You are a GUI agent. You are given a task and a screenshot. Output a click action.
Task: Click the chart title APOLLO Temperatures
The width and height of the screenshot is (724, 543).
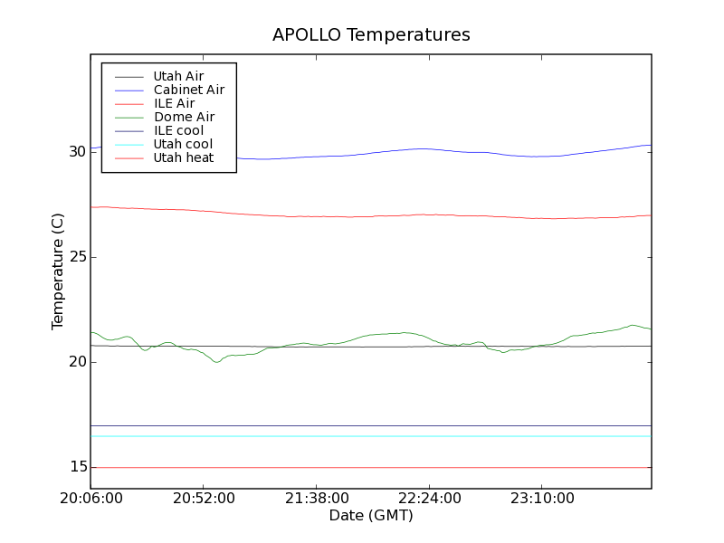click(371, 35)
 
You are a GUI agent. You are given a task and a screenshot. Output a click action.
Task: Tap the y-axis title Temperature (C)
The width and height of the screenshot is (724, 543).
click(58, 271)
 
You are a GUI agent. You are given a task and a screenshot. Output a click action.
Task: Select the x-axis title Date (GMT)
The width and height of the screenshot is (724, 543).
click(370, 516)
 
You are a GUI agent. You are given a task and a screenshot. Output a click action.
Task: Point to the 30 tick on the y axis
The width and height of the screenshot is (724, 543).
click(76, 152)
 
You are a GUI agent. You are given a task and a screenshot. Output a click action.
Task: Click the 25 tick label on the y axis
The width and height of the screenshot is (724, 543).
click(76, 257)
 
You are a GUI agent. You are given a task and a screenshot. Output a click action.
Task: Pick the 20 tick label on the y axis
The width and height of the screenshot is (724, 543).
click(76, 362)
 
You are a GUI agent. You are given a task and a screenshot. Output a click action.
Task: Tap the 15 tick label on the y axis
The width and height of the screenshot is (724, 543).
click(76, 467)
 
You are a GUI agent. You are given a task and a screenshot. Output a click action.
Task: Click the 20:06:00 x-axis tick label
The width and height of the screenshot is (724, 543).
click(90, 499)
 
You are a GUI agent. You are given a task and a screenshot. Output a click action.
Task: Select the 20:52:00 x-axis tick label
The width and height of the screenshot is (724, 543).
click(203, 499)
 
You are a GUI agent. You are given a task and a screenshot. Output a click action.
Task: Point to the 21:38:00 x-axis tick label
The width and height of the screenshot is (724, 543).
click(315, 499)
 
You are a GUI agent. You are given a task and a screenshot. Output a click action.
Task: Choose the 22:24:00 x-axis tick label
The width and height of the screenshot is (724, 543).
click(427, 499)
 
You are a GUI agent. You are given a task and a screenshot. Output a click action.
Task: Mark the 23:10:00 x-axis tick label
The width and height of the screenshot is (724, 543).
click(540, 499)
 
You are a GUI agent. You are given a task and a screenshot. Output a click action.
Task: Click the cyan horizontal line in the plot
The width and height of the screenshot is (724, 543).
click(362, 436)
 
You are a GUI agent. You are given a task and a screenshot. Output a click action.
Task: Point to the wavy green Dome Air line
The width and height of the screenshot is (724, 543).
click(217, 362)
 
